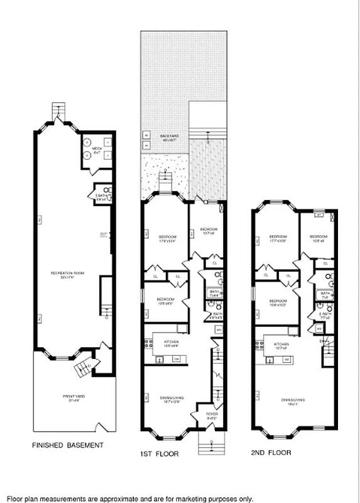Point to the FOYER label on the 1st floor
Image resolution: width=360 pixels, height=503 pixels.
coord(211,414)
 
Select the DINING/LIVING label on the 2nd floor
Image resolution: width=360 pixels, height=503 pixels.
coord(293,401)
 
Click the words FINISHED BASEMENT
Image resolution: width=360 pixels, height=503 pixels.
coord(67,446)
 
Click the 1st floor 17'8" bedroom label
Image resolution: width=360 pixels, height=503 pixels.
coord(165,238)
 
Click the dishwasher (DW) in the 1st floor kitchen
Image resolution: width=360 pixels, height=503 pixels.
coord(176,359)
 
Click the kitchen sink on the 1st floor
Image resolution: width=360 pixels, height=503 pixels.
coord(159,359)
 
